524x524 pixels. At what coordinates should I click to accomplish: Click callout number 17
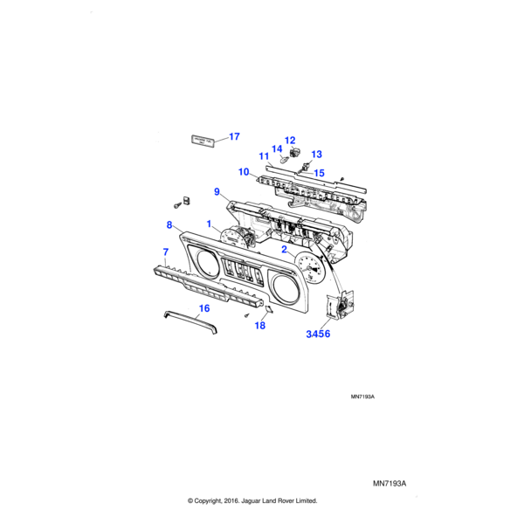(233, 136)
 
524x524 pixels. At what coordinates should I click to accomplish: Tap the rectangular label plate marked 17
(203, 139)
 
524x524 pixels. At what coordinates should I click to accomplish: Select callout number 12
(290, 141)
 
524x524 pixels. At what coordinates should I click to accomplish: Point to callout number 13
(316, 154)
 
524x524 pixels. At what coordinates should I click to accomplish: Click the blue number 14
(277, 149)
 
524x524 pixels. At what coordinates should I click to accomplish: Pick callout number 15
(319, 173)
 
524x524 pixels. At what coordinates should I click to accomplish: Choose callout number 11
(263, 156)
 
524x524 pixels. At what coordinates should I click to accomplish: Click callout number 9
(217, 191)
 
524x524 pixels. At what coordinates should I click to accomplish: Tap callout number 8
(169, 225)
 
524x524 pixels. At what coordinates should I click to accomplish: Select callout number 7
(164, 252)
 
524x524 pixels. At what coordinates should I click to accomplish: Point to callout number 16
(203, 307)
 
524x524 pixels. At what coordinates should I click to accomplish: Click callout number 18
(259, 326)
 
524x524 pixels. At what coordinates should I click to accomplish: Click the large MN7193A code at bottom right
(390, 481)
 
